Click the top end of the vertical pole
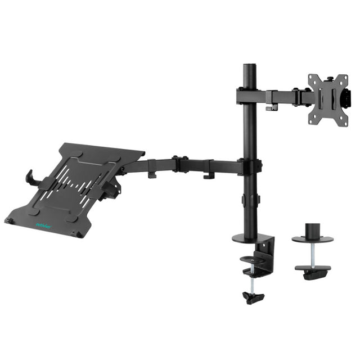click(249, 66)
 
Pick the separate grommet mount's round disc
click(312, 238)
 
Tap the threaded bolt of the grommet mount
click(312, 254)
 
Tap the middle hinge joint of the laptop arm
click(179, 164)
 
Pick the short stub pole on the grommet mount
click(312, 230)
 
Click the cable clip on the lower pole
click(249, 200)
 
